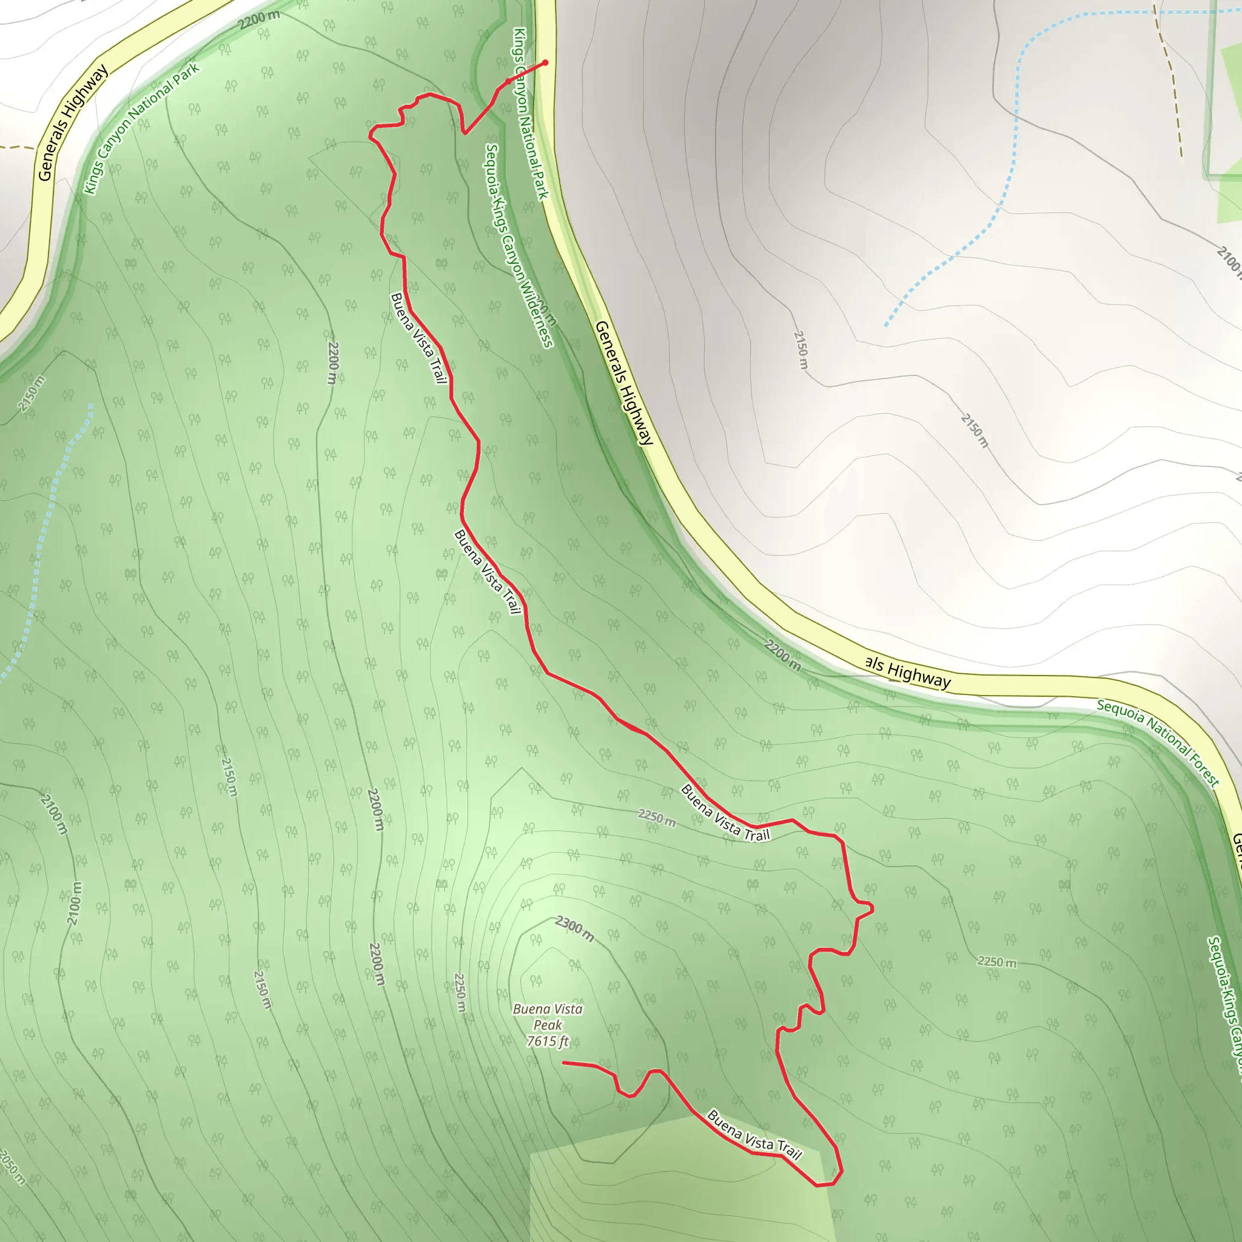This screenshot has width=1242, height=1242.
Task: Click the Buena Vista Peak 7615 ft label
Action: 548,1025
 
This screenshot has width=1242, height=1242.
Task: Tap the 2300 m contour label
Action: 574,928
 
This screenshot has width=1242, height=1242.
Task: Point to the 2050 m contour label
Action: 12,1167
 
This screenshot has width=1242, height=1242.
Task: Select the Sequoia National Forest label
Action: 1157,743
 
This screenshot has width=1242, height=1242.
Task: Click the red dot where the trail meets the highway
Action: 545,62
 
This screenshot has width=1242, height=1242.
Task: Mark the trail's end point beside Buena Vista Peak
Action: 564,1062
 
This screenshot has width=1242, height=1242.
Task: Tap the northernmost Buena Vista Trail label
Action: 418,338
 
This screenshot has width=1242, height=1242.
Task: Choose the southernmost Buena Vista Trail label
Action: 753,1135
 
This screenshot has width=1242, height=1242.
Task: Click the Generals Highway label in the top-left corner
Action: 72,123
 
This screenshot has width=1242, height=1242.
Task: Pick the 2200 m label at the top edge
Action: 258,20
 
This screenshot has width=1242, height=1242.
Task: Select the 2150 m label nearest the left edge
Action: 31,394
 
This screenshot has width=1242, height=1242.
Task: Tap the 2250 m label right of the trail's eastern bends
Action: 996,962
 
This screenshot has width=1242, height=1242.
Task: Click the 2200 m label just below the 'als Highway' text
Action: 782,654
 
